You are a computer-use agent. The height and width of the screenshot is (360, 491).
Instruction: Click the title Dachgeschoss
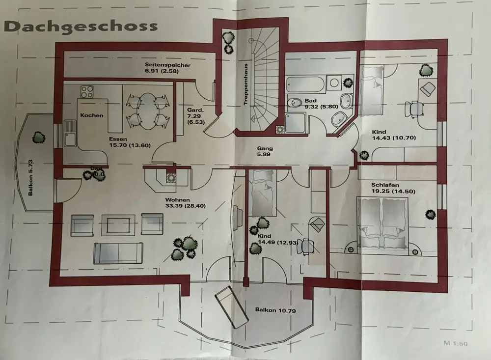[x=81, y=26]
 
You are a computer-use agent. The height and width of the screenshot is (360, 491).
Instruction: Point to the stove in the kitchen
[x=87, y=91]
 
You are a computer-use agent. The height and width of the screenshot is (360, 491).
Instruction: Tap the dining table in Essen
[x=146, y=110]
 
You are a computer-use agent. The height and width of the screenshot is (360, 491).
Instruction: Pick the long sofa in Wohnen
[x=118, y=252]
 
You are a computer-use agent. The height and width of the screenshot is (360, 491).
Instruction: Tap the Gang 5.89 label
[x=265, y=151]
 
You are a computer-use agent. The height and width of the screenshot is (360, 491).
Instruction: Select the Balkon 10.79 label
[x=275, y=310]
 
